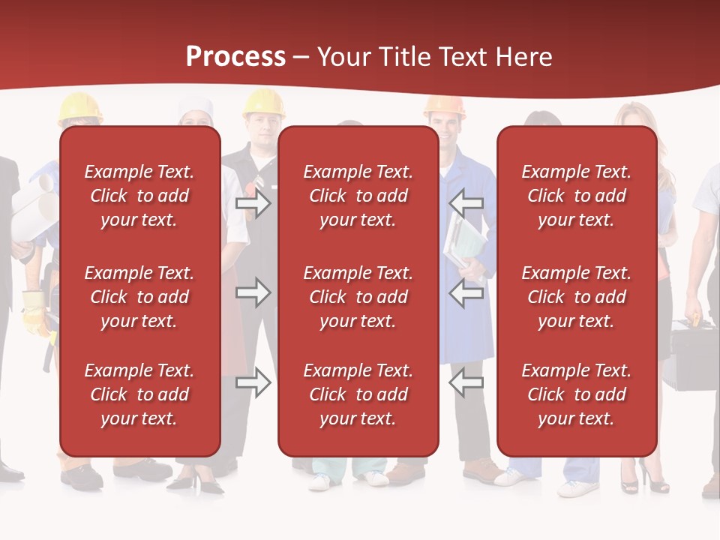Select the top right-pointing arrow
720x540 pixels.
coord(253,203)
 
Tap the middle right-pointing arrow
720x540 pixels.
coord(253,292)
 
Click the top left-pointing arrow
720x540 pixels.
coord(466,203)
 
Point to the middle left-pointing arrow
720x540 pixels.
coord(466,292)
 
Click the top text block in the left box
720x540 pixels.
coord(139,196)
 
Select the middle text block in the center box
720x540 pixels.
coord(358,297)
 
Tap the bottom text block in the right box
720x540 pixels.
coord(576,394)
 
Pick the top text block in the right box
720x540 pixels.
coord(576,196)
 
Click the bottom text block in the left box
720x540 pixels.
coord(139,394)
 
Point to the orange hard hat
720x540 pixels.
coord(444,106)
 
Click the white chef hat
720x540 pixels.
coord(196,109)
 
